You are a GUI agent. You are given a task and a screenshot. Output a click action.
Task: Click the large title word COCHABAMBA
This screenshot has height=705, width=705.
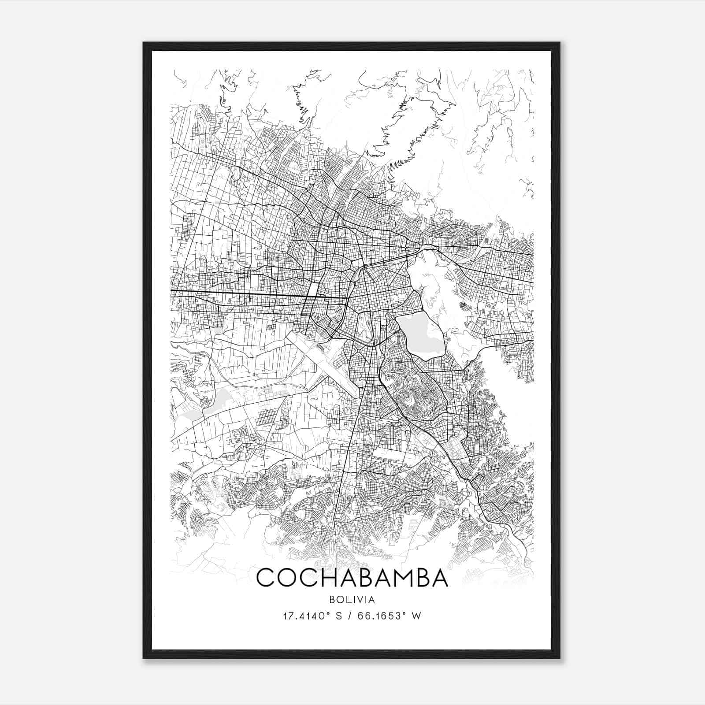point(352,578)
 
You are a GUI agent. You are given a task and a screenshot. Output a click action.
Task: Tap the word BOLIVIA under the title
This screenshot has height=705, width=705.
point(352,600)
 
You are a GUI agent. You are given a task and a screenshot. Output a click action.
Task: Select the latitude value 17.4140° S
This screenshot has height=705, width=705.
point(312,616)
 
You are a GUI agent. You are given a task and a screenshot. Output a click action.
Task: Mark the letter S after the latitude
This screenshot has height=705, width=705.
point(339,616)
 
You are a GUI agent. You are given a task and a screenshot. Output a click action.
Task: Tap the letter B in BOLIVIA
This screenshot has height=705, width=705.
point(331,600)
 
